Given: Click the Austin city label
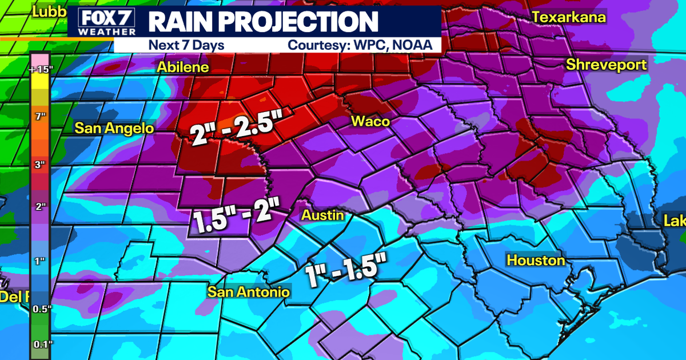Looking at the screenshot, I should click(323, 215).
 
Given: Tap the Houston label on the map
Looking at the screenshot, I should click(536, 261).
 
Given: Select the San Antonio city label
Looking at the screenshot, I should click(248, 292).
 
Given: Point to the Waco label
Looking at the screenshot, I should click(370, 121).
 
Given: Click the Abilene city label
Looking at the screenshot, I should click(182, 67).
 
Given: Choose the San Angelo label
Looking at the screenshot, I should click(114, 128).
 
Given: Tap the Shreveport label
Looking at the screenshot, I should click(606, 65).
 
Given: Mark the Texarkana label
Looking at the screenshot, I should click(569, 17).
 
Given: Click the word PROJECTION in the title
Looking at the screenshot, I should click(304, 22).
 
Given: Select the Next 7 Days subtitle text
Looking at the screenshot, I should click(186, 45).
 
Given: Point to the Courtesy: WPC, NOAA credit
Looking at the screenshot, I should click(360, 45).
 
